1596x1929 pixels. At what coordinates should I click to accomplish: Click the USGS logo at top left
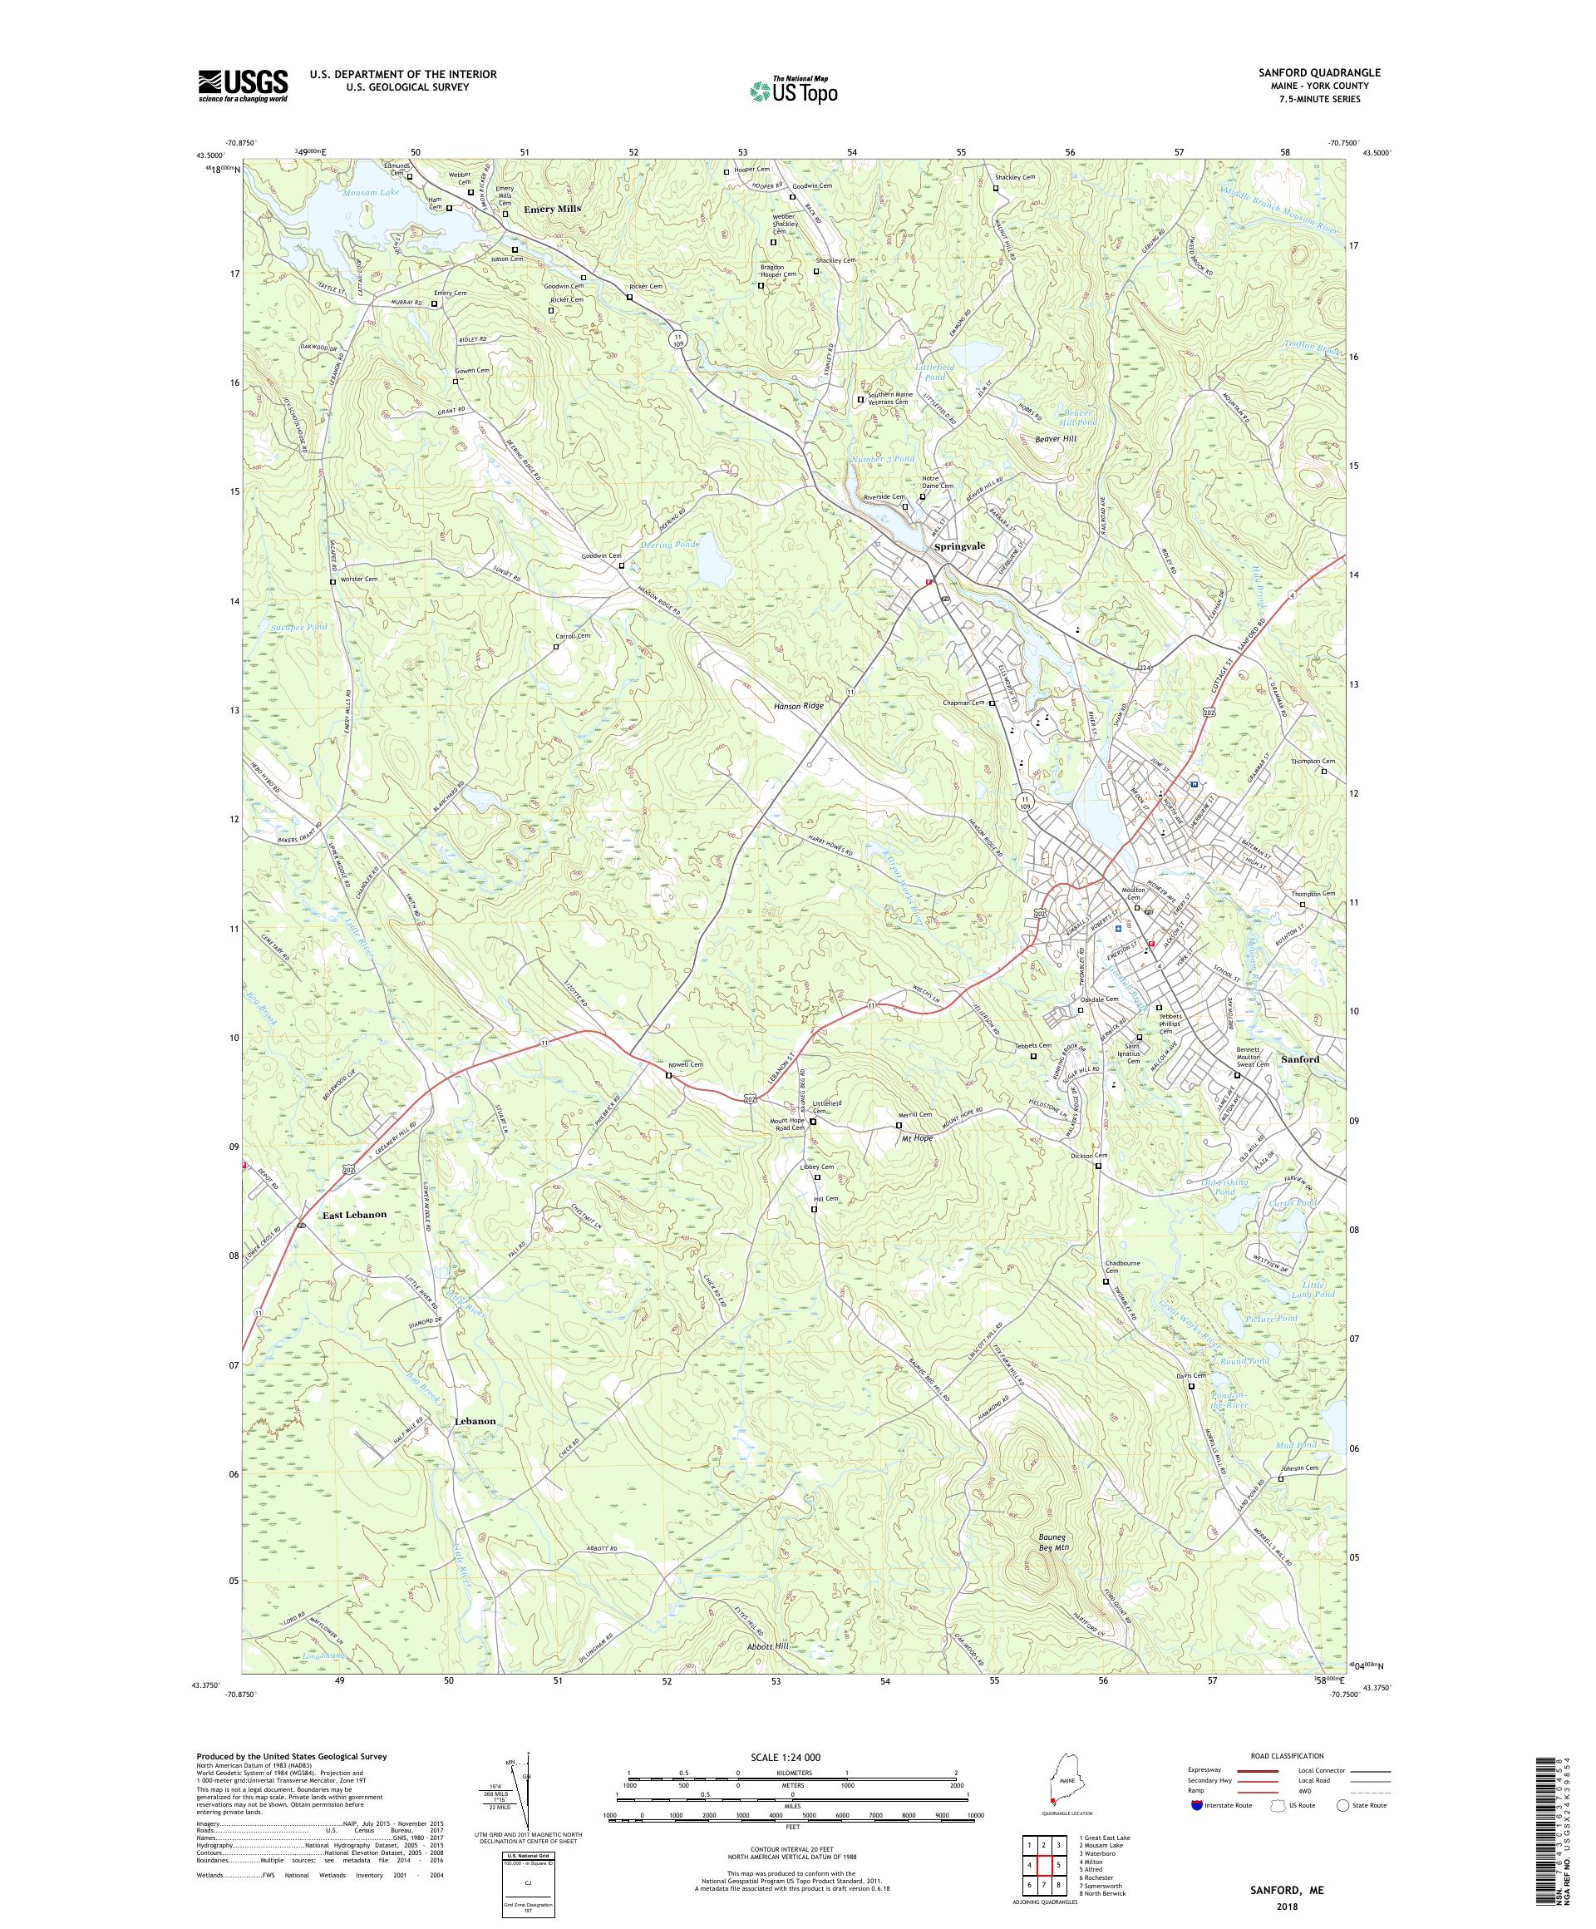pyautogui.click(x=243, y=86)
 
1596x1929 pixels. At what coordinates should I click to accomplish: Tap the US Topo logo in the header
pyautogui.click(x=795, y=90)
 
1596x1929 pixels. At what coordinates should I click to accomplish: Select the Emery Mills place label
pyautogui.click(x=552, y=210)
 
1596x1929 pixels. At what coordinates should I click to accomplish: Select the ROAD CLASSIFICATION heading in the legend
pyautogui.click(x=1286, y=1755)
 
